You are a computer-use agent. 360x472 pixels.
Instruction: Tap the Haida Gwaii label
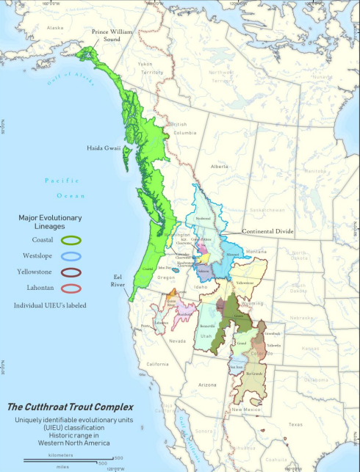107,146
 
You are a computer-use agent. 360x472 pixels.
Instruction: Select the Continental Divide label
268,231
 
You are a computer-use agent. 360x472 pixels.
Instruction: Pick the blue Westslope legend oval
72,256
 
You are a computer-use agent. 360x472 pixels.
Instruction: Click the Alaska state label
56,28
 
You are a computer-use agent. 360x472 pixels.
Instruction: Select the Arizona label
207,385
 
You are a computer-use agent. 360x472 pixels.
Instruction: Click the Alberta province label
220,167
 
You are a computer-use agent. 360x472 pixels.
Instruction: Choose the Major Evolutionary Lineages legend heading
50,222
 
